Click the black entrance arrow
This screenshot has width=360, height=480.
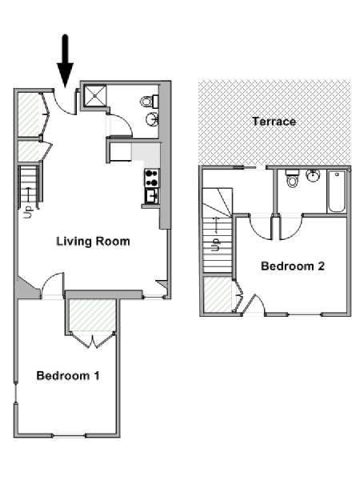(x=66, y=61)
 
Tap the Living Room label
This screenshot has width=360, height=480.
(x=93, y=242)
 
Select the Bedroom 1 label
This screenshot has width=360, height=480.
(x=68, y=375)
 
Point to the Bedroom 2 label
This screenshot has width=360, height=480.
(x=292, y=266)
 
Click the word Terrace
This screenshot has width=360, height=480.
(x=274, y=122)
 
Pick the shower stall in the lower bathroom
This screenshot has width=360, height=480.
(x=95, y=96)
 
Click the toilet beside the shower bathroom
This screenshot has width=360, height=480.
(x=150, y=101)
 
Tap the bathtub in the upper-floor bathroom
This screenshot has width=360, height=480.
(x=337, y=192)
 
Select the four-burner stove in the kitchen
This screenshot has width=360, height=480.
(x=152, y=178)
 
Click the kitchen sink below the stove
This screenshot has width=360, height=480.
(x=152, y=196)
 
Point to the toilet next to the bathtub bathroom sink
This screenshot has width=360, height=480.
(x=292, y=178)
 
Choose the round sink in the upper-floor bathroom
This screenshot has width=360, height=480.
(x=313, y=176)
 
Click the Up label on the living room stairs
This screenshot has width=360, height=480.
(x=29, y=212)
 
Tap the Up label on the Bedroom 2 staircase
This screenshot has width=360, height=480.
(x=216, y=245)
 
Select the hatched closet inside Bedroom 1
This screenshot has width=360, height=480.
(x=92, y=315)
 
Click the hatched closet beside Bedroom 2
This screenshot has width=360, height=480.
(x=218, y=294)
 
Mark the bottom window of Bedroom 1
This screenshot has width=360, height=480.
(x=69, y=435)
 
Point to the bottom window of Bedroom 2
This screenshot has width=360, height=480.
(x=304, y=314)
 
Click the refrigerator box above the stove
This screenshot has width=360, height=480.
(x=120, y=151)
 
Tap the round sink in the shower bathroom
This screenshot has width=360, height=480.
(x=152, y=119)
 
